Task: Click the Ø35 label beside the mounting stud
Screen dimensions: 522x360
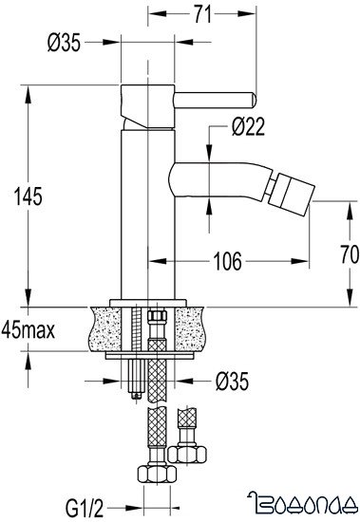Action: [x=232, y=381]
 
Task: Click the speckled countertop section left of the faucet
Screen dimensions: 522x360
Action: [x=106, y=325]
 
